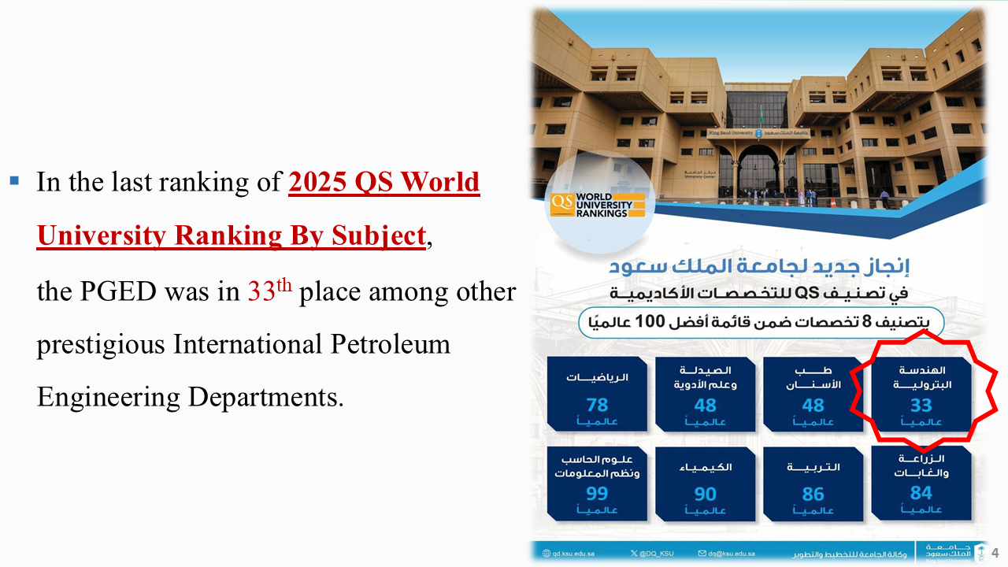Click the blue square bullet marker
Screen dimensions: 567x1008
pyautogui.click(x=14, y=181)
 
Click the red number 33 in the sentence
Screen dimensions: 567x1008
pyautogui.click(x=261, y=292)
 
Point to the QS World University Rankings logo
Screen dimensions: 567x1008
pyautogui.click(x=598, y=204)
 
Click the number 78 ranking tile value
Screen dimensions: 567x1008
pyautogui.click(x=597, y=405)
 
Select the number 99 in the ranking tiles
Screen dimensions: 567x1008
pyautogui.click(x=597, y=494)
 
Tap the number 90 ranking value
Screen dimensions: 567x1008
pyautogui.click(x=705, y=494)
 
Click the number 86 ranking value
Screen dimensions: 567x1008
pyautogui.click(x=813, y=494)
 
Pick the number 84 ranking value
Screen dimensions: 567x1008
pyautogui.click(x=921, y=493)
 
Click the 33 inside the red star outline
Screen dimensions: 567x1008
pyautogui.click(x=921, y=405)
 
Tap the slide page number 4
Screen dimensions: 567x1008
pyautogui.click(x=995, y=552)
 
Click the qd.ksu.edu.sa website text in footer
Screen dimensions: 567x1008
pyautogui.click(x=573, y=554)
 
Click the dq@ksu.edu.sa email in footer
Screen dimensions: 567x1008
pyautogui.click(x=732, y=554)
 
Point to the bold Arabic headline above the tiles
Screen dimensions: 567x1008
pyautogui.click(x=760, y=267)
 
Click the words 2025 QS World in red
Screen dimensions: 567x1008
pyautogui.click(x=384, y=182)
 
